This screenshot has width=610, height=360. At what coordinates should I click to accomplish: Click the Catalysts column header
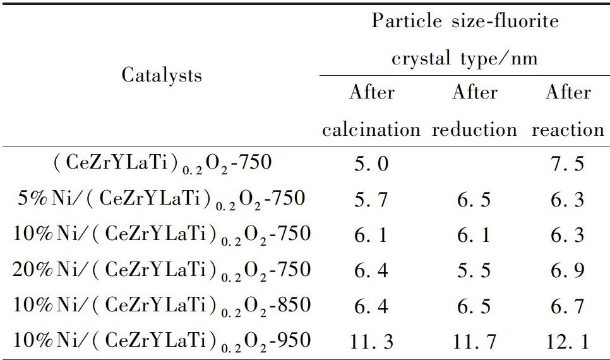(x=162, y=75)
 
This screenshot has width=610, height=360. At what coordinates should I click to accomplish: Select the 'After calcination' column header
(x=371, y=111)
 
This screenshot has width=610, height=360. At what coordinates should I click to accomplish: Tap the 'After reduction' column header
(x=475, y=111)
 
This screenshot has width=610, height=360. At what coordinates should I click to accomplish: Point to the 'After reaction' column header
(x=568, y=111)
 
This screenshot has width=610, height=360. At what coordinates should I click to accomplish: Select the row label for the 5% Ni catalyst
(x=162, y=199)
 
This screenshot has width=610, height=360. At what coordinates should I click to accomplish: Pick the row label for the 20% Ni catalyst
(x=162, y=270)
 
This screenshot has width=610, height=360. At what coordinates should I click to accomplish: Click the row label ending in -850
(x=162, y=306)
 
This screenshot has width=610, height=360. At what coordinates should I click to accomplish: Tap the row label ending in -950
(x=162, y=341)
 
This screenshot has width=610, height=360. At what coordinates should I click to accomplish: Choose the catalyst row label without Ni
(x=162, y=164)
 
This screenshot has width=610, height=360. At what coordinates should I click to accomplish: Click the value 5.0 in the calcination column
(x=371, y=164)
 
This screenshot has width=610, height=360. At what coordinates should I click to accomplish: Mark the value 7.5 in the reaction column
(x=568, y=164)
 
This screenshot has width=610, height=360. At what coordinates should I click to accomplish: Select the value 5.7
(x=371, y=200)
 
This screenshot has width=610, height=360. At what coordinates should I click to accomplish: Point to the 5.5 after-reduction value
(x=475, y=271)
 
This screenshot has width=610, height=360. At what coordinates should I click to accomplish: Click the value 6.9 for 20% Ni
(x=568, y=271)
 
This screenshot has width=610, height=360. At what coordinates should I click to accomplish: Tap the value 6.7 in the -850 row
(x=568, y=306)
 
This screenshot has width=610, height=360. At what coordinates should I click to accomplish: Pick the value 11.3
(x=371, y=342)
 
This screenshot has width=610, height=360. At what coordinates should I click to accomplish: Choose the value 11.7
(x=475, y=342)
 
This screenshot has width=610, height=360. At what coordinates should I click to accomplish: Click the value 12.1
(x=568, y=342)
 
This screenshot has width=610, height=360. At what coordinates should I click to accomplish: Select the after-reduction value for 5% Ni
(x=475, y=200)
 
